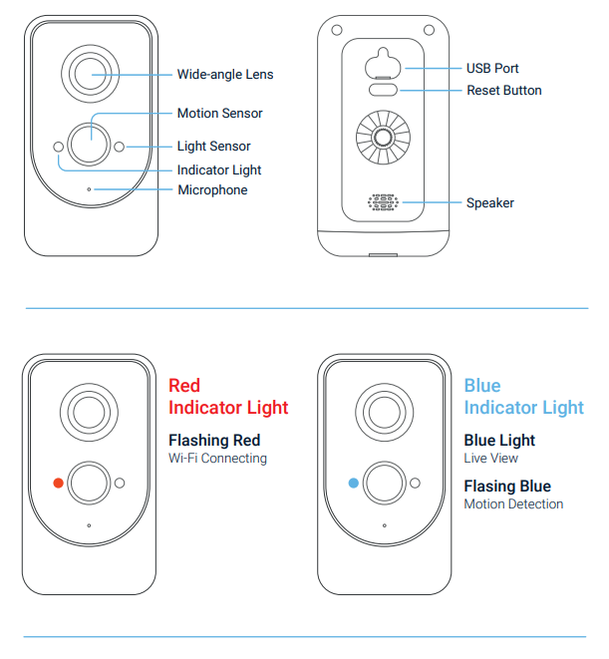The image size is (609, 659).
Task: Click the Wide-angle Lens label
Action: point(224,74)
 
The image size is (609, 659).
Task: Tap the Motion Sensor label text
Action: point(219,114)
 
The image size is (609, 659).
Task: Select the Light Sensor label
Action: point(213,147)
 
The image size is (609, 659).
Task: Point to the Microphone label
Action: point(212,190)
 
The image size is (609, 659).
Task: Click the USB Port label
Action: point(492,69)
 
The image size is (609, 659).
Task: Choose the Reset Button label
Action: point(504,91)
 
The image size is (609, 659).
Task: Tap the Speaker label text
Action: point(490,203)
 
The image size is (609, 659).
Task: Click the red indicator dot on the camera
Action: point(59,483)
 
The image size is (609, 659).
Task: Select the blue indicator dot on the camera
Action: point(353,483)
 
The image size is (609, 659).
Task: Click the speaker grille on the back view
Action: point(383,202)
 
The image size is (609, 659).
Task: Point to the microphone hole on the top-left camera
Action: point(89,188)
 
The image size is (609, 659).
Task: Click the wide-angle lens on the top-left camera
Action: point(90,73)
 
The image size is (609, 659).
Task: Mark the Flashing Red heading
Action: point(214,441)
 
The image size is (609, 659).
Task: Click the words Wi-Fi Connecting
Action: point(217,459)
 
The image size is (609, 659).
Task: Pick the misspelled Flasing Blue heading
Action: point(507,487)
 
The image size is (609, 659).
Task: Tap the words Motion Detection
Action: point(513,504)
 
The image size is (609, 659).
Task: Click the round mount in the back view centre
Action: point(383,140)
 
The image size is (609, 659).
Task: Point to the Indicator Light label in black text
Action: point(219,170)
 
